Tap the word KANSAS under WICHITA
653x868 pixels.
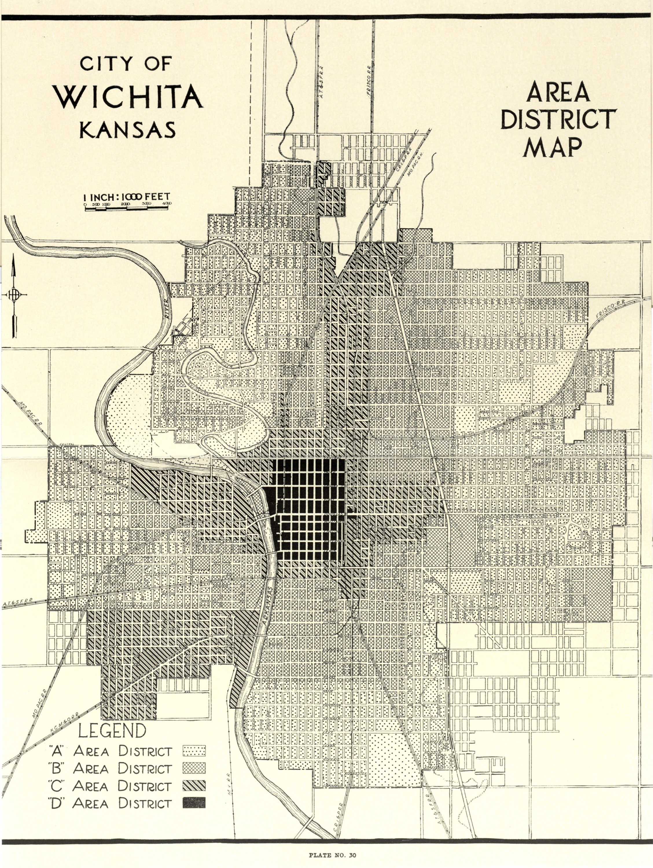[128, 130]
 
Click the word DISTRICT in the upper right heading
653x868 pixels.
[556, 119]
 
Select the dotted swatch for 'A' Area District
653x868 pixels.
[194, 751]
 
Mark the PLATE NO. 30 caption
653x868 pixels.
[326, 853]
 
